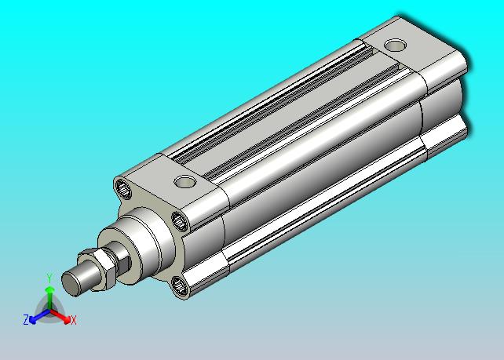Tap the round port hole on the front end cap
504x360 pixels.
[x=184, y=182]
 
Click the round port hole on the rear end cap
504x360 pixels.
[x=396, y=45]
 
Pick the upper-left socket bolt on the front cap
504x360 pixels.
[x=123, y=190]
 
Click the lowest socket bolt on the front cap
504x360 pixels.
[x=179, y=285]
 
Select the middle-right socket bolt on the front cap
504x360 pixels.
[x=180, y=221]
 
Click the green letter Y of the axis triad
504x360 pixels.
[x=49, y=278]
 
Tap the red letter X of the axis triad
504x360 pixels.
[x=74, y=320]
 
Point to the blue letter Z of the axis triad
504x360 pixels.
[x=26, y=320]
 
